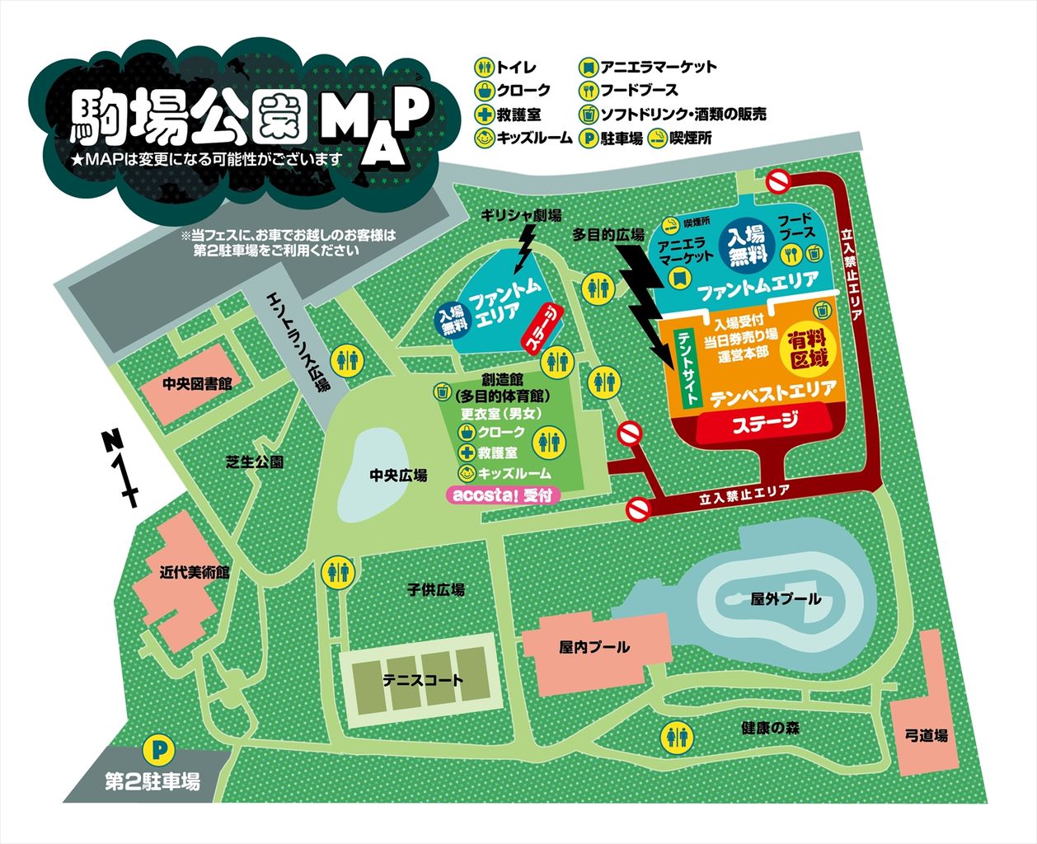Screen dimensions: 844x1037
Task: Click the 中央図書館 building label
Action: tap(196, 383)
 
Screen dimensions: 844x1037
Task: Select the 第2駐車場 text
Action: tap(153, 781)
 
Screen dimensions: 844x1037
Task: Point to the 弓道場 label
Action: tap(926, 735)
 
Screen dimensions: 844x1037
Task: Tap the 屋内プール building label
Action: tap(594, 647)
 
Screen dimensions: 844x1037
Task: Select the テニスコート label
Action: tap(423, 681)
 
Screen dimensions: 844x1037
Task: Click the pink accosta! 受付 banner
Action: tap(503, 496)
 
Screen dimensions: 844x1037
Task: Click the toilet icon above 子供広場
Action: tap(339, 570)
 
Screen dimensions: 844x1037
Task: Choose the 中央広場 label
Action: tap(398, 476)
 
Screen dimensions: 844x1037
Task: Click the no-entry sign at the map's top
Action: tap(778, 181)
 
